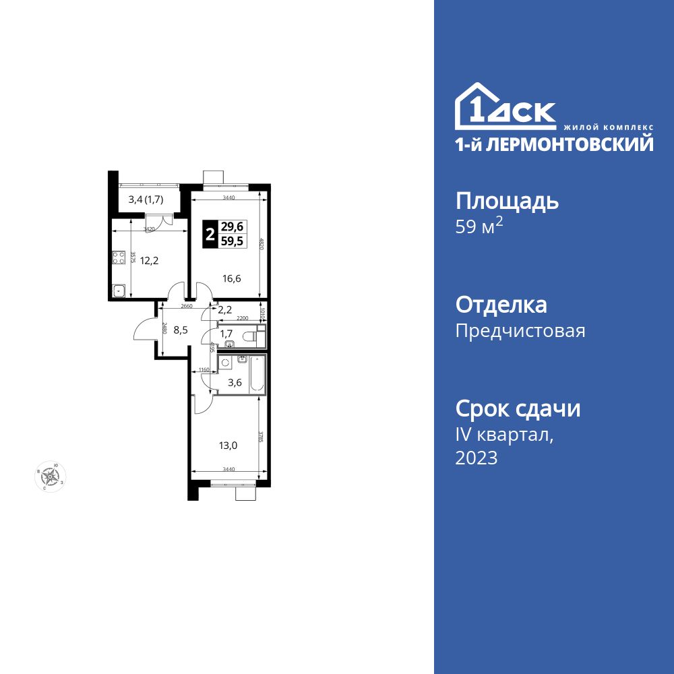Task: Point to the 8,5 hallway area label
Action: [181, 331]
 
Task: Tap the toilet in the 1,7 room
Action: [252, 334]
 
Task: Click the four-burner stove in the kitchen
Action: [119, 257]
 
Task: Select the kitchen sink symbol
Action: [119, 291]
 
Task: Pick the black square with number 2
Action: [210, 235]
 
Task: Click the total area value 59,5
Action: [233, 242]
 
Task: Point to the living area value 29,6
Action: [233, 228]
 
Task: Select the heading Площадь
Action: [508, 201]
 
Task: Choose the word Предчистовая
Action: [520, 331]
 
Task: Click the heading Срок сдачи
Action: [518, 408]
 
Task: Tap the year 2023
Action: [477, 458]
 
